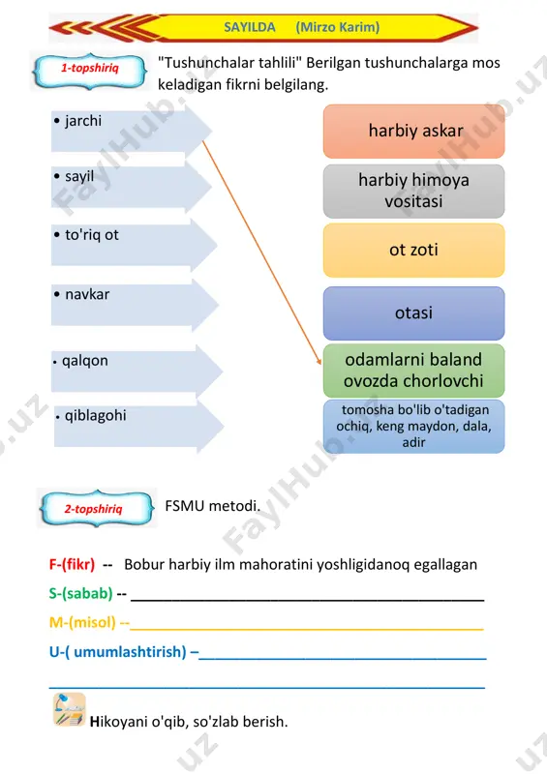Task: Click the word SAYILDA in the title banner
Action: (x=250, y=27)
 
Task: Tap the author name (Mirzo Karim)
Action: (x=338, y=27)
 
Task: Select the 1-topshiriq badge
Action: (x=90, y=71)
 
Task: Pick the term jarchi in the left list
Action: (x=83, y=121)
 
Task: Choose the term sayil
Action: (x=79, y=176)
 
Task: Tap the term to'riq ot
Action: (x=92, y=234)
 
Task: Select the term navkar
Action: (x=87, y=294)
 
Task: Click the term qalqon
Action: (x=85, y=361)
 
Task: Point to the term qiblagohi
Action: (x=96, y=416)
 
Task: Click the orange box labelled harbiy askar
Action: (x=414, y=132)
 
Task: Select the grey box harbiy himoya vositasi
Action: (x=414, y=191)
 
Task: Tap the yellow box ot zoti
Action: (x=414, y=251)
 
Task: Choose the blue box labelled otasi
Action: (x=414, y=313)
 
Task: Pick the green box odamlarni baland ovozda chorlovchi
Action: (x=414, y=371)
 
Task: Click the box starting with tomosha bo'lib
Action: (x=414, y=426)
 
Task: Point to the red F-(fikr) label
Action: (x=73, y=565)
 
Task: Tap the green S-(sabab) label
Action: (x=81, y=593)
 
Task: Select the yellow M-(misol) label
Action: (x=83, y=622)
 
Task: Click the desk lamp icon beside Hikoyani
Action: (x=70, y=709)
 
